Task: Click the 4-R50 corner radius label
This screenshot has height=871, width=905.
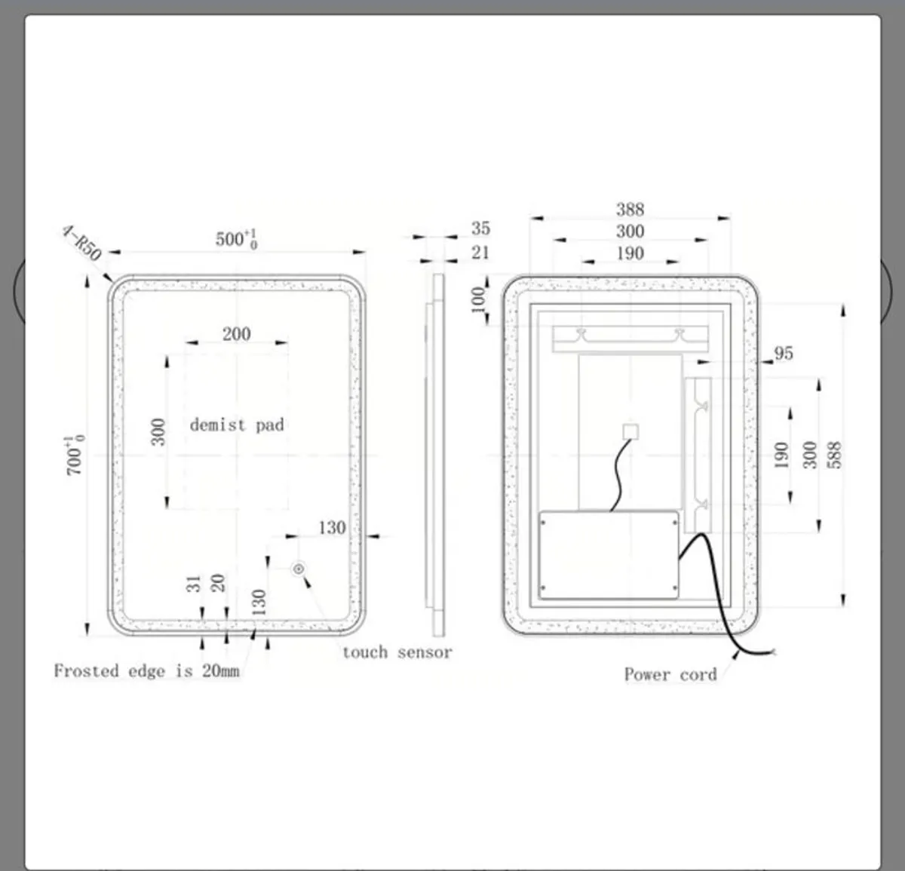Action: (81, 243)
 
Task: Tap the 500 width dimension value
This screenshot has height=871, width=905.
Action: (236, 238)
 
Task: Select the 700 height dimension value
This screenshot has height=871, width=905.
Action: (75, 455)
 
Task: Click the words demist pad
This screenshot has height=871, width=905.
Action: (237, 425)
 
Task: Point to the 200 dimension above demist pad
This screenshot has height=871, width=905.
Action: (236, 334)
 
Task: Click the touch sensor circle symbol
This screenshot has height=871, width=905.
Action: (299, 569)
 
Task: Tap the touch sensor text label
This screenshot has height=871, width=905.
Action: (397, 652)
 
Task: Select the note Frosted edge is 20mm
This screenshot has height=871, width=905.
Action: (146, 670)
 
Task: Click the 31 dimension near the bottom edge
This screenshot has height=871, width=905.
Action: (194, 584)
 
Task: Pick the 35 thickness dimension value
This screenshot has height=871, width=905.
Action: (481, 228)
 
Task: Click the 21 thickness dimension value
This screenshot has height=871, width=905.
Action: (480, 253)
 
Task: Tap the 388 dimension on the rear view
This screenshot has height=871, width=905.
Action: (630, 210)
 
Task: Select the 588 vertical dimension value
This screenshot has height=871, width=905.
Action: (836, 455)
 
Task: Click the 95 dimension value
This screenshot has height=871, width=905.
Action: (784, 354)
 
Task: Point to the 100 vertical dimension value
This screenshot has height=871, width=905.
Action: (478, 300)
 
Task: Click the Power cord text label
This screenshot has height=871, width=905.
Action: (670, 674)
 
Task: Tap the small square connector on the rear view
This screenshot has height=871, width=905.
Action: (630, 432)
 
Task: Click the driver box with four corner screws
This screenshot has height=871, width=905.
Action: (609, 555)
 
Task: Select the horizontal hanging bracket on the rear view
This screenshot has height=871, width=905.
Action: (630, 339)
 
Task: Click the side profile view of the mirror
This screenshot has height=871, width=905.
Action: (435, 455)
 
